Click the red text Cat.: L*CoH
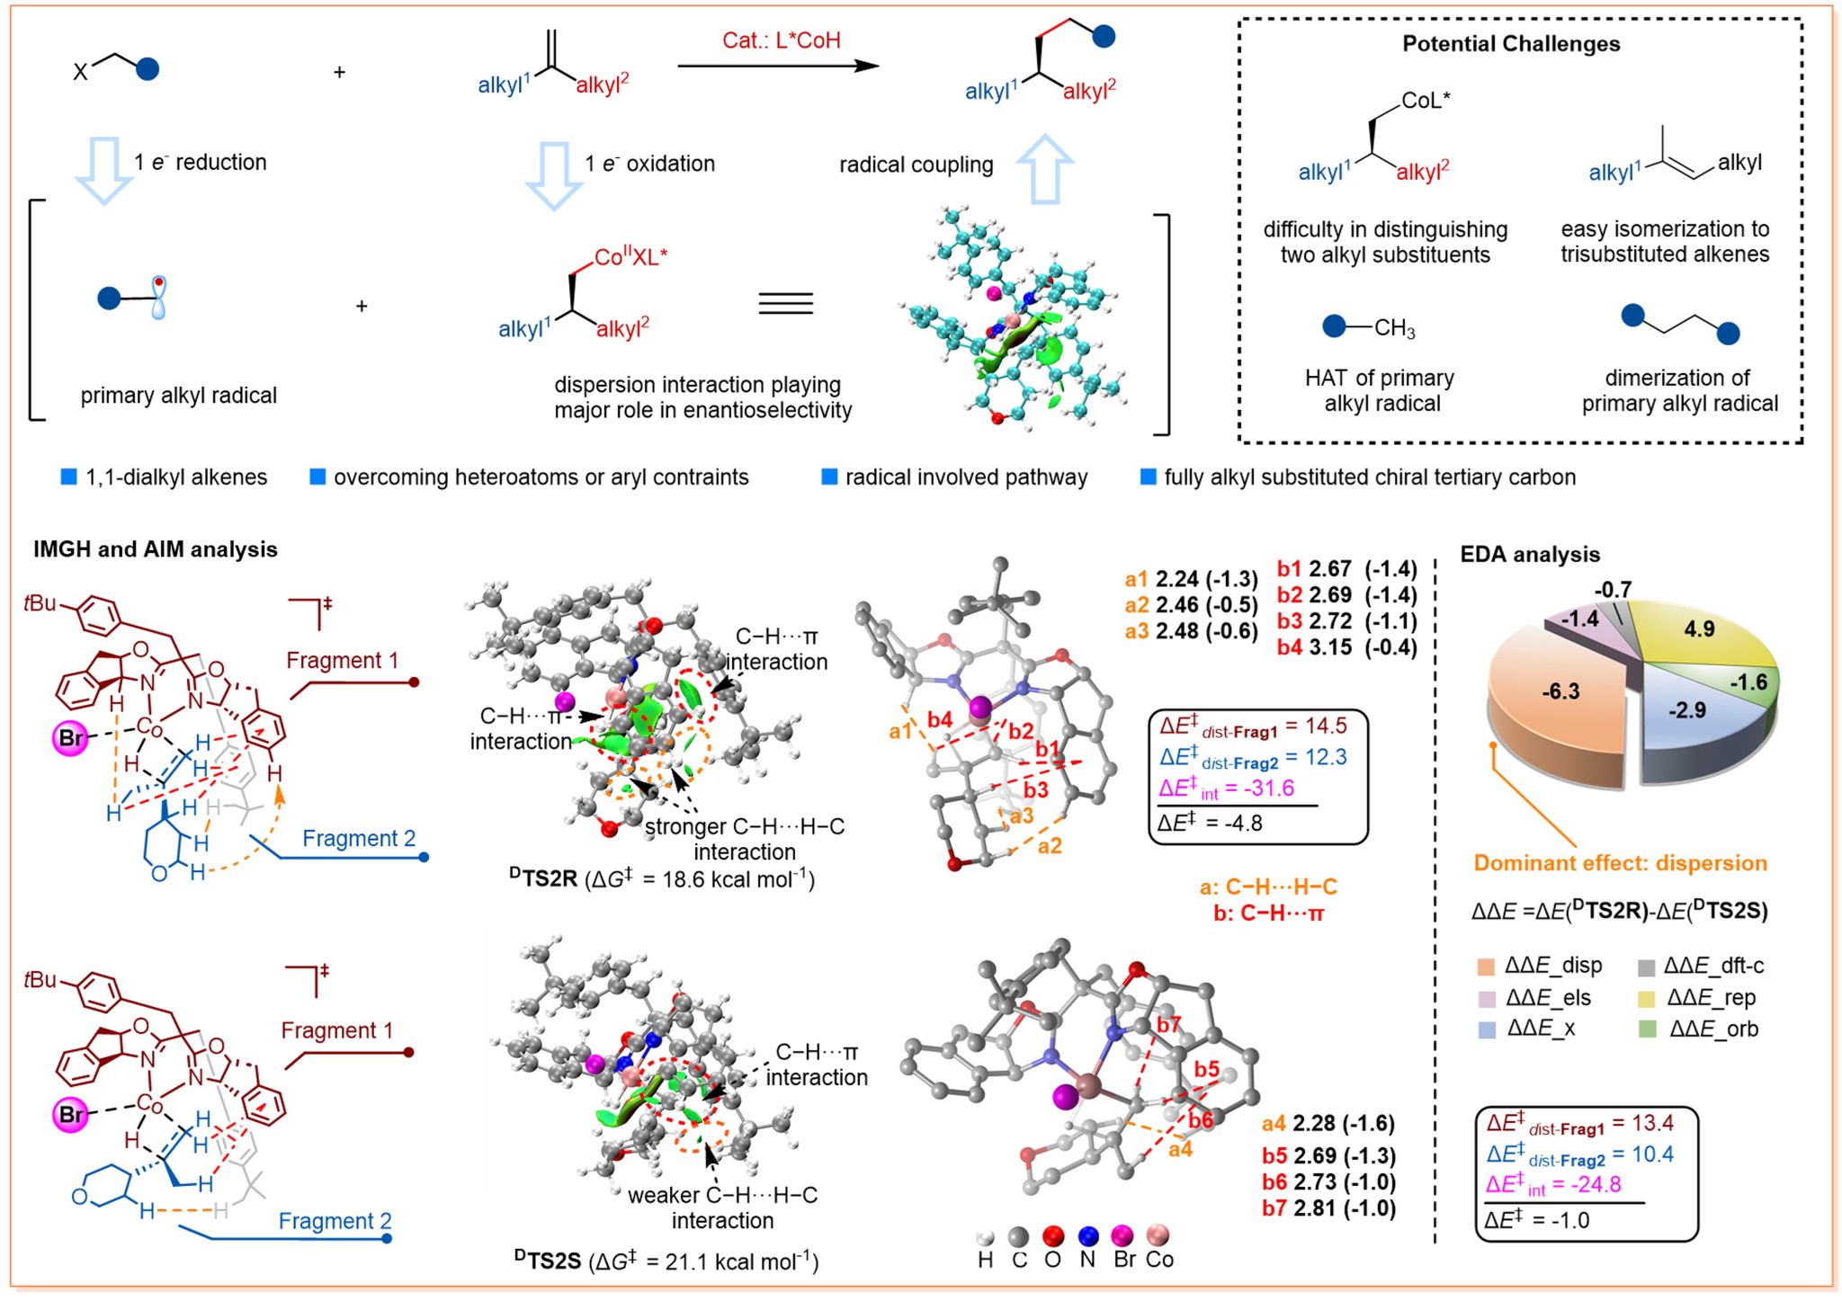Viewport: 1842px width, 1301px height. tap(781, 40)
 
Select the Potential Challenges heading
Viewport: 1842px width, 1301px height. tap(1511, 44)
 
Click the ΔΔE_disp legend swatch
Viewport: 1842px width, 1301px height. tap(1485, 967)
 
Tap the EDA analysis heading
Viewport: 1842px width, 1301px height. tap(1530, 555)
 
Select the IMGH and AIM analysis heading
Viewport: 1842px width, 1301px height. tap(156, 549)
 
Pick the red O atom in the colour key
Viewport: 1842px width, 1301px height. tap(1052, 1236)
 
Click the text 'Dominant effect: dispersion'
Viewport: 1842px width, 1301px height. tap(1620, 863)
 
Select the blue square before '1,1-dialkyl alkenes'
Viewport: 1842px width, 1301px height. tap(68, 477)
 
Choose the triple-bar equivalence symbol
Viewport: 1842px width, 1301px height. tap(785, 303)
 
